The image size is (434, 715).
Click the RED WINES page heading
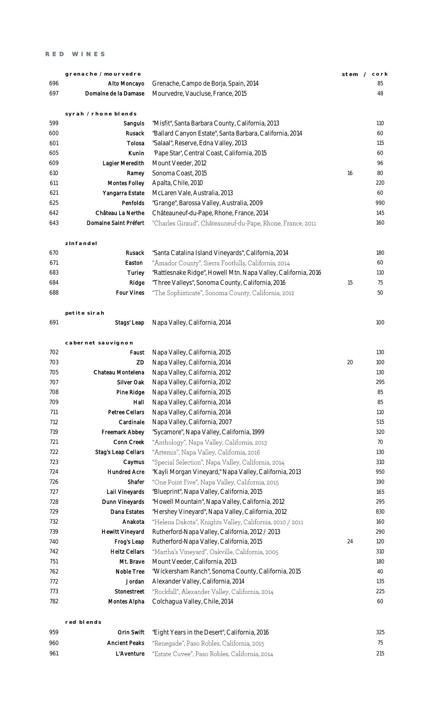[76, 54]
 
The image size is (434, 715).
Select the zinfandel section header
[81, 244]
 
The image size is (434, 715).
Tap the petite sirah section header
[85, 313]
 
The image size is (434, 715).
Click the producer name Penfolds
[133, 203]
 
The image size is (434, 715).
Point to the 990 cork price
[380, 203]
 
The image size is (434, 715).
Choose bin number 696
[54, 83]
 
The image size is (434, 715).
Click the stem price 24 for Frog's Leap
[350, 541]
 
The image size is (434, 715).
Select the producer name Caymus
[134, 462]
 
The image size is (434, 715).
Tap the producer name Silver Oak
[130, 382]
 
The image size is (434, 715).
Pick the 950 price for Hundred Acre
[380, 472]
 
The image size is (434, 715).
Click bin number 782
[54, 601]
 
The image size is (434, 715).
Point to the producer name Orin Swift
[131, 632]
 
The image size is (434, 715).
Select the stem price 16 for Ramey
[350, 173]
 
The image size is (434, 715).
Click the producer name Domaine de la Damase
[115, 93]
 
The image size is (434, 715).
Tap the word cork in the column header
[380, 74]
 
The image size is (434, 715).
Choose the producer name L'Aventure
[130, 654]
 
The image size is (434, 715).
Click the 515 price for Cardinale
[380, 422]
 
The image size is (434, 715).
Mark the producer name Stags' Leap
[129, 323]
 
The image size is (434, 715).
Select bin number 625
[54, 203]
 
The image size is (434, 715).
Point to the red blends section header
[83, 622]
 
